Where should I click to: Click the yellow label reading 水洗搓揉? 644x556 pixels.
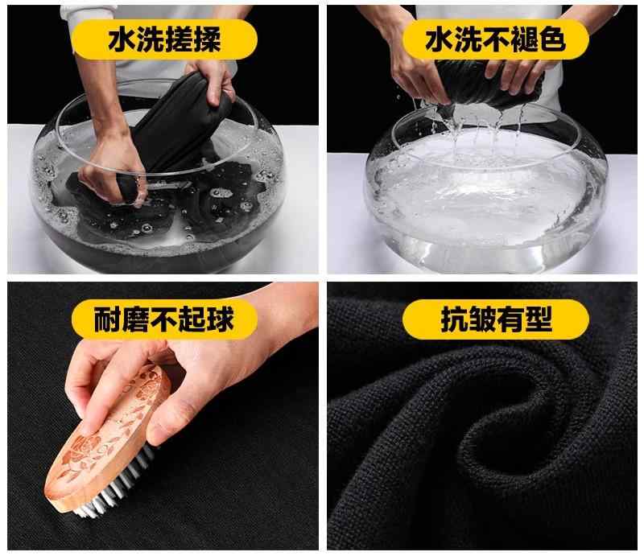(x=164, y=39)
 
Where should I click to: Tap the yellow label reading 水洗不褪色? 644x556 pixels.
(x=496, y=39)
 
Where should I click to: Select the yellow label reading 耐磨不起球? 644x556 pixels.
(x=164, y=319)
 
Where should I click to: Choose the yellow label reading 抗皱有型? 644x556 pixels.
(x=496, y=319)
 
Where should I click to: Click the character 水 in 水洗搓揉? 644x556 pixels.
(x=122, y=39)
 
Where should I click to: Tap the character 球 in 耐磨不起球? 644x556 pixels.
(x=220, y=319)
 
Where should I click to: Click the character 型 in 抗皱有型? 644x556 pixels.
(x=538, y=319)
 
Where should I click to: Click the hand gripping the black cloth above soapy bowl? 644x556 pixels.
(x=213, y=80)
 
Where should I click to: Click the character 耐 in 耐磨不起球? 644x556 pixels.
(x=108, y=319)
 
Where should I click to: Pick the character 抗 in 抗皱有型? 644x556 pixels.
(x=454, y=319)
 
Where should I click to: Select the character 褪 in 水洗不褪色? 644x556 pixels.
(x=525, y=39)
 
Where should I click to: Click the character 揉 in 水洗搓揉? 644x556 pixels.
(x=207, y=39)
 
